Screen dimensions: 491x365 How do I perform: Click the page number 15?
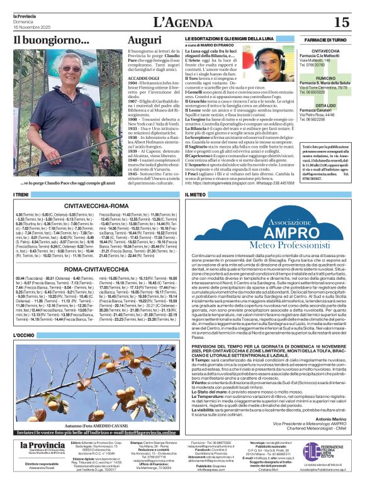(341, 23)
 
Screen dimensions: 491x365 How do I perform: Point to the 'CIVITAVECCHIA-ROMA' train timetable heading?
(97, 205)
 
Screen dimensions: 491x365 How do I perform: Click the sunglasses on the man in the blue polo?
(70, 68)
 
